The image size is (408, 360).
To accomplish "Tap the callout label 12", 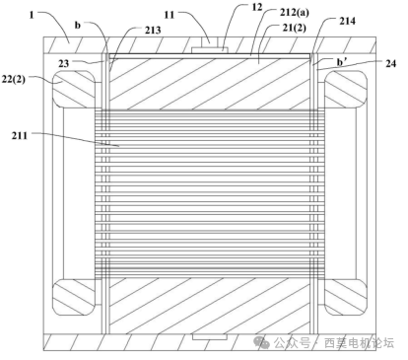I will pos(230,8).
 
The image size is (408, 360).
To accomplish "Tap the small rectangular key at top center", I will pos(208,47).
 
